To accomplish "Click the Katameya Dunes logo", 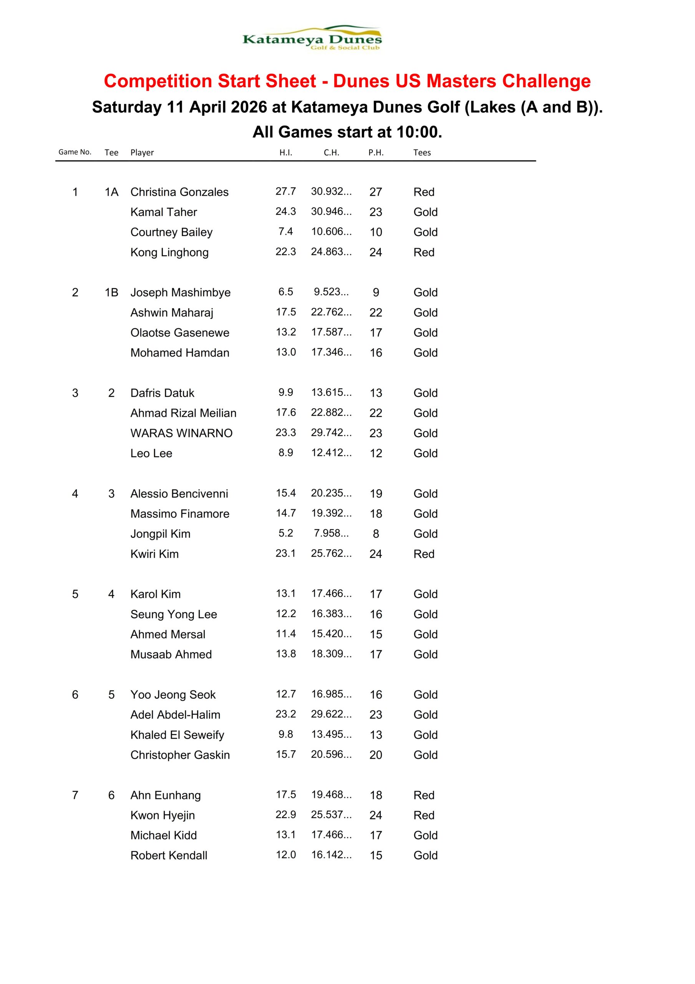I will point(312,38).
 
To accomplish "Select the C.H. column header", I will point(331,153).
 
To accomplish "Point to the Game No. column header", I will point(75,152).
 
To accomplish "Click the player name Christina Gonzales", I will point(179,192).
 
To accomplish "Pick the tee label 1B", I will point(111,292).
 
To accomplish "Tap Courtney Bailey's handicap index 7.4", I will point(285,232).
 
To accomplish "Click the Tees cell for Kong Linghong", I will point(423,253).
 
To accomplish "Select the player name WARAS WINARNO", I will point(181,433).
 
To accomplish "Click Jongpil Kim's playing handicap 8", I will point(376,534).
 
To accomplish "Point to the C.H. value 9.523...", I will point(331,292).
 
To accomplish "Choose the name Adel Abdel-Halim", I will point(175,715).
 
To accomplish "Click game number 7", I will point(75,795).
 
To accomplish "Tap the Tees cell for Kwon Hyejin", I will point(423,815).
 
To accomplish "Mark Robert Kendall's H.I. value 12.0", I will point(285,855).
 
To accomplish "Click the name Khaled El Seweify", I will point(177,735).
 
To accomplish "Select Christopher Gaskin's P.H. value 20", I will point(376,755).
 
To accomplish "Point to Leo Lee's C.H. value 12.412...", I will point(331,453).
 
